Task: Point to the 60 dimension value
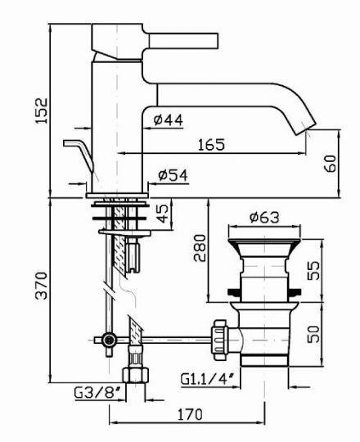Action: pyautogui.click(x=331, y=163)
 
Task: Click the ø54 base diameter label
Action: pyautogui.click(x=173, y=175)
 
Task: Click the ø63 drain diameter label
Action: pyautogui.click(x=264, y=217)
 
